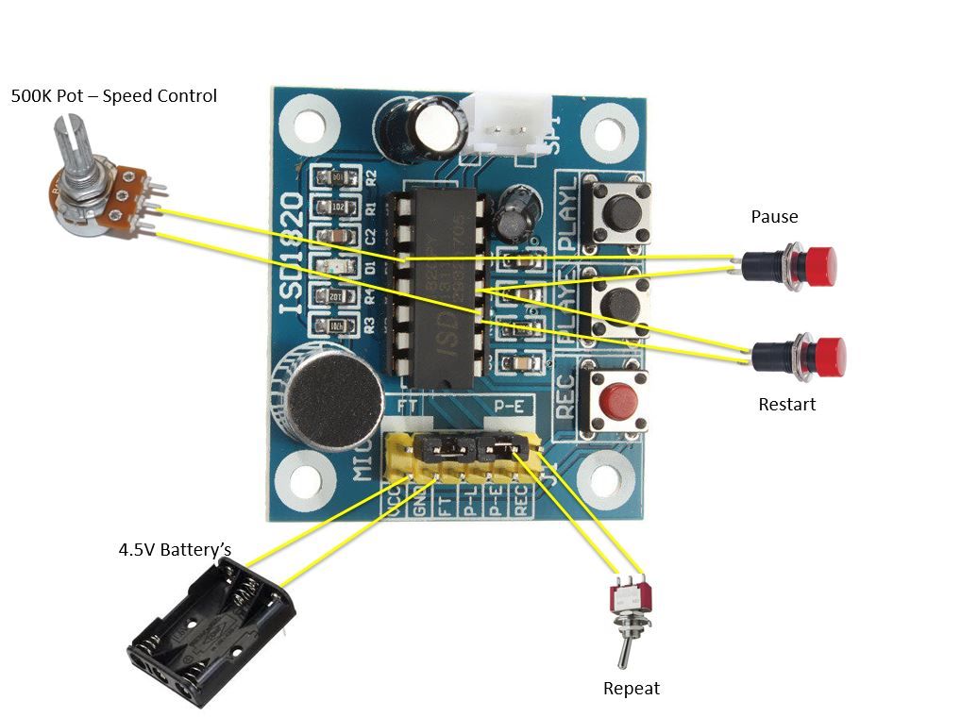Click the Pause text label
[774, 217]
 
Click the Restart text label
[786, 405]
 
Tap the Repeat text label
[632, 689]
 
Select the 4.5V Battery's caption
[175, 549]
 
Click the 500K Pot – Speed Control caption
[113, 96]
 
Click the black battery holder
[211, 631]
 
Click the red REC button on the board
[616, 402]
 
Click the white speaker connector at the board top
[509, 124]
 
